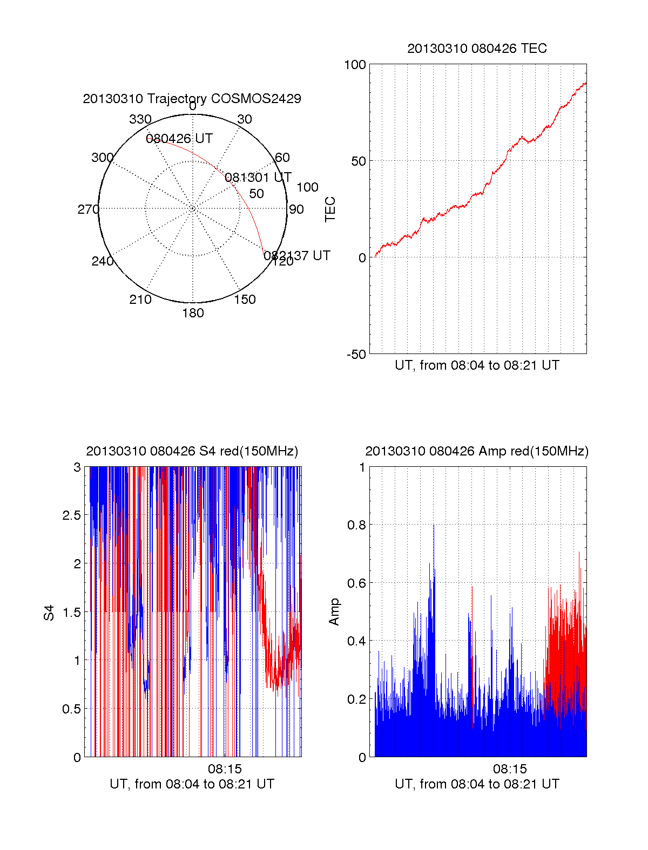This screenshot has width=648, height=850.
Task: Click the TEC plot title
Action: [477, 49]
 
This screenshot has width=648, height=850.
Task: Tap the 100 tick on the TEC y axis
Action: [355, 65]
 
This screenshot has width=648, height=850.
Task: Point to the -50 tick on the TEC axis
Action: [355, 355]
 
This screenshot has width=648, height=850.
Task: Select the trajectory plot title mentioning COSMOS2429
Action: [192, 99]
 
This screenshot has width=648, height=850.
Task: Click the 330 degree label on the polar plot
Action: [140, 119]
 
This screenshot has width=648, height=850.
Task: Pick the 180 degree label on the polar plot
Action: [193, 313]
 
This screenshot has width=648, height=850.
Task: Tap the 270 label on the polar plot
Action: [88, 209]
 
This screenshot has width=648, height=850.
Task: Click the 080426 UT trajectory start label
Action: [179, 139]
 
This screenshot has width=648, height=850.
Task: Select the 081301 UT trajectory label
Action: [258, 178]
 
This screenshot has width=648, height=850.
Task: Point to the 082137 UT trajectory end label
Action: [297, 256]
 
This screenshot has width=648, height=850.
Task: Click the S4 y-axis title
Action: [49, 613]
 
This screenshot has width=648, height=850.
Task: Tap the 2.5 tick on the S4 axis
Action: [71, 515]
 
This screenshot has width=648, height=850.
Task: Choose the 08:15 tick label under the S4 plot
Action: [225, 769]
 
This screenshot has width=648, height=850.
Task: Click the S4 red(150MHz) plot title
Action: [192, 451]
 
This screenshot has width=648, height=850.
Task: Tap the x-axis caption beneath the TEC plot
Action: [477, 365]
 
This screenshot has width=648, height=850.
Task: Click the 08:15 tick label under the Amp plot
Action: [510, 769]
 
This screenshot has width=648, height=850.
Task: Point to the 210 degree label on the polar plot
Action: [140, 300]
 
